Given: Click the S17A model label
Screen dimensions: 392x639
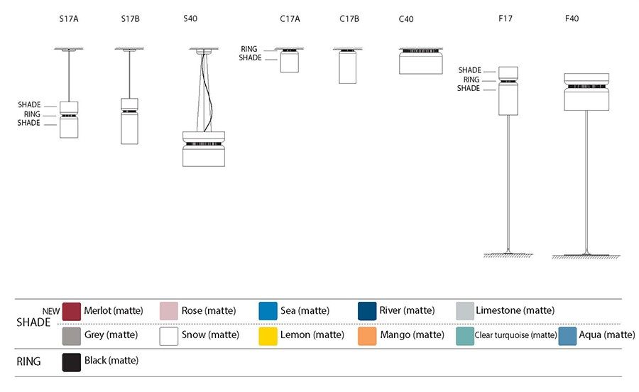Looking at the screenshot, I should pyautogui.click(x=70, y=19).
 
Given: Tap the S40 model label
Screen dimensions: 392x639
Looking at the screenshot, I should pyautogui.click(x=190, y=19).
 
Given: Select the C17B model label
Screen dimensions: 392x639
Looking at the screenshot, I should pyautogui.click(x=349, y=19).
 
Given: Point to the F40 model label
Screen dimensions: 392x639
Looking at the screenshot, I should pyautogui.click(x=572, y=19).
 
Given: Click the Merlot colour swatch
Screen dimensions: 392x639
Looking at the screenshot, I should pyautogui.click(x=72, y=311).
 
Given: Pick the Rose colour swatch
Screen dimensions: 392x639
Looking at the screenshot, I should pyautogui.click(x=169, y=311).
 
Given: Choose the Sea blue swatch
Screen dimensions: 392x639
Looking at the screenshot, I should pyautogui.click(x=268, y=311).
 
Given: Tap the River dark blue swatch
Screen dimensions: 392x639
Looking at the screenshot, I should pyautogui.click(x=367, y=311).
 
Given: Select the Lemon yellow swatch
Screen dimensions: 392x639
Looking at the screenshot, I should pyautogui.click(x=268, y=335).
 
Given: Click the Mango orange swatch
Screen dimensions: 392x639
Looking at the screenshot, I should pyautogui.click(x=367, y=335).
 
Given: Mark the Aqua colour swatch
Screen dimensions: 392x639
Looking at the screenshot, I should pyautogui.click(x=567, y=335).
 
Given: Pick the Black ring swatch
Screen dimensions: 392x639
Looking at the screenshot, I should pyautogui.click(x=72, y=361).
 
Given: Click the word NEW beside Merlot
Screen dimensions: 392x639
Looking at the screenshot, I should pyautogui.click(x=50, y=310).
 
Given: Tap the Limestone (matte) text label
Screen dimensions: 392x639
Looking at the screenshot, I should pyautogui.click(x=515, y=310).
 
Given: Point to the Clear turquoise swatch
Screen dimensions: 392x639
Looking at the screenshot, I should pyautogui.click(x=465, y=335).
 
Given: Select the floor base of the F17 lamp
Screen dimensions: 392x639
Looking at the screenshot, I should pyautogui.click(x=508, y=253).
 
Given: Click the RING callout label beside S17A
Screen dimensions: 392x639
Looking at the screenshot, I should pyautogui.click(x=32, y=114).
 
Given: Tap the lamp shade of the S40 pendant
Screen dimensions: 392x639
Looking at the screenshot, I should pyautogui.click(x=204, y=156).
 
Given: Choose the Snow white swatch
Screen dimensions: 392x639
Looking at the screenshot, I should pyautogui.click(x=169, y=335).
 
